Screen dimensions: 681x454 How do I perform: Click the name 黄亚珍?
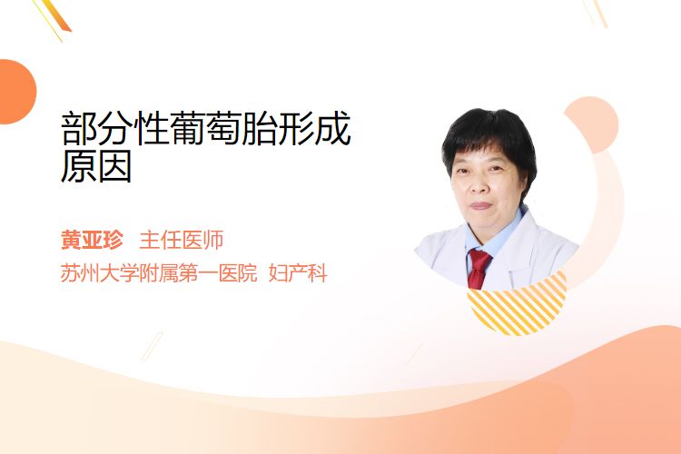92,240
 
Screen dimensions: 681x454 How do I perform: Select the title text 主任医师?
182,240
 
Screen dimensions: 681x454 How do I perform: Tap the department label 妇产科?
298,273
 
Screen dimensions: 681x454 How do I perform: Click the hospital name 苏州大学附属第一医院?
159,273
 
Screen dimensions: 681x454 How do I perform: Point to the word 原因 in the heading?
96,166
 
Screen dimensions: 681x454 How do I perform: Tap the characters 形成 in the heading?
314,128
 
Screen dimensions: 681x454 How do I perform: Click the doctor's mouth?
480,205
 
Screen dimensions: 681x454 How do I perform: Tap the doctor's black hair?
489,139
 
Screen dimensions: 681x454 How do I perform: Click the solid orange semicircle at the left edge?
16,92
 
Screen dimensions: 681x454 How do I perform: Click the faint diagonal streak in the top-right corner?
596,12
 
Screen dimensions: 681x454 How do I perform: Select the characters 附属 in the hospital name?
159,273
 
